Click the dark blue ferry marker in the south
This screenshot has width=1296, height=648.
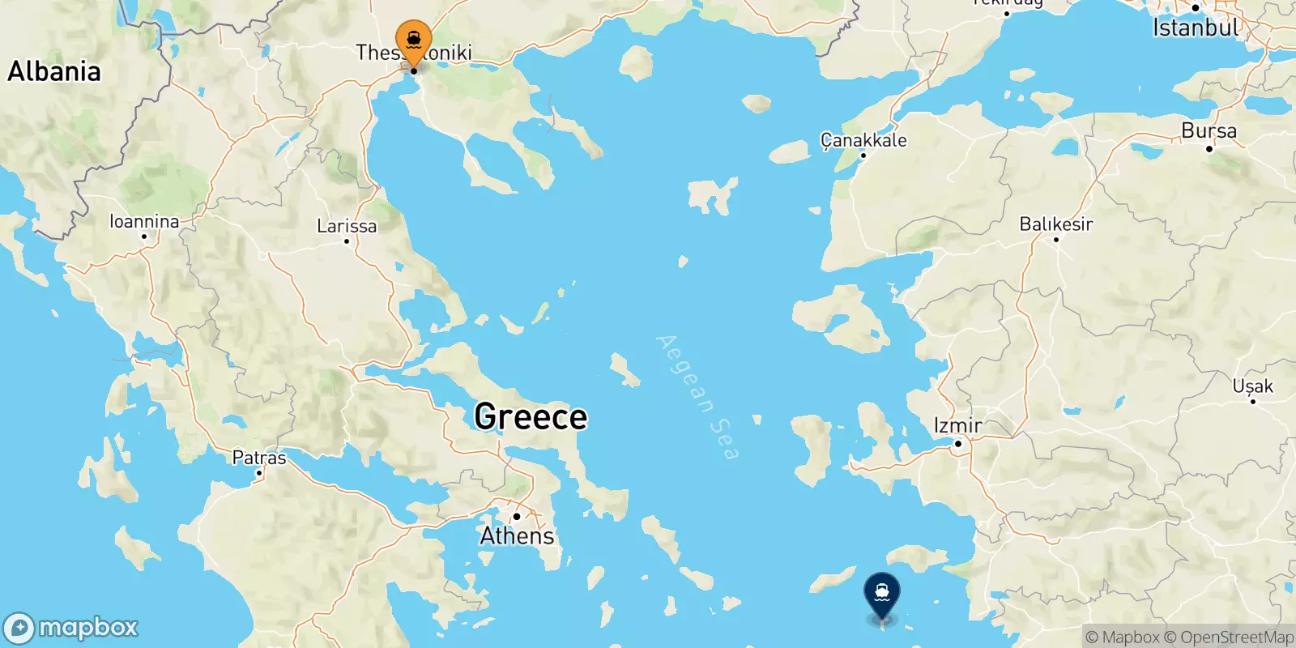882,595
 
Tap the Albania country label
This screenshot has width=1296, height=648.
54,71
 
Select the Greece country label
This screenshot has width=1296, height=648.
531,416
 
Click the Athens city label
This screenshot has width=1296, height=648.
517,536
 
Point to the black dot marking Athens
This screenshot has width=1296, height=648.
516,516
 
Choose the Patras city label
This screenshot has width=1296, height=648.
259,458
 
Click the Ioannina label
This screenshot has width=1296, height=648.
144,221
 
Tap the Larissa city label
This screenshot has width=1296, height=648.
347,226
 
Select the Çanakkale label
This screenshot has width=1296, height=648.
863,140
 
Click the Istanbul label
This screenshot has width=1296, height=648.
1196,28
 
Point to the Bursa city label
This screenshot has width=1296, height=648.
1209,130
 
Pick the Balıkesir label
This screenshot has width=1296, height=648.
1056,224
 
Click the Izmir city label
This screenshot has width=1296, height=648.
957,424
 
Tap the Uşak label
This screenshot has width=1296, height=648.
1252,386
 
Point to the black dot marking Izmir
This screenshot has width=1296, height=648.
957,443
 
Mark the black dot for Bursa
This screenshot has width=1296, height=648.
1209,149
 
